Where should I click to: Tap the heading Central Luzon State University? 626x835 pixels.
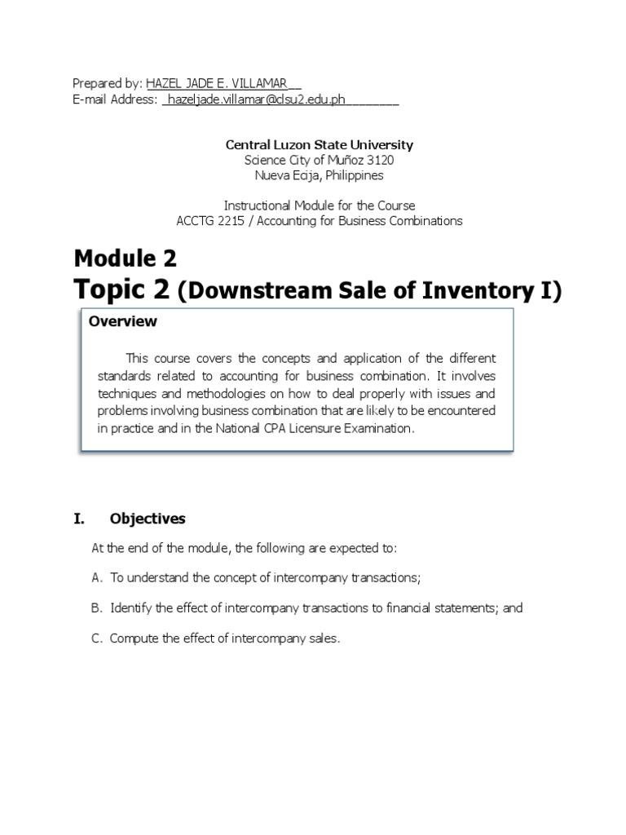[320, 144]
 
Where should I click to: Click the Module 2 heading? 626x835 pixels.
[125, 259]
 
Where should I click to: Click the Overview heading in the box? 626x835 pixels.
[123, 321]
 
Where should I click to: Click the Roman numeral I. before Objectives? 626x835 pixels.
[79, 519]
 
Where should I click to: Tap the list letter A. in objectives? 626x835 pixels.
[97, 578]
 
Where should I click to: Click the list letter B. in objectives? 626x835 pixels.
[97, 608]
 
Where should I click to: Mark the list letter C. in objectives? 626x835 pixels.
[97, 638]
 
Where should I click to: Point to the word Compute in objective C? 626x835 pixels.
[134, 638]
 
